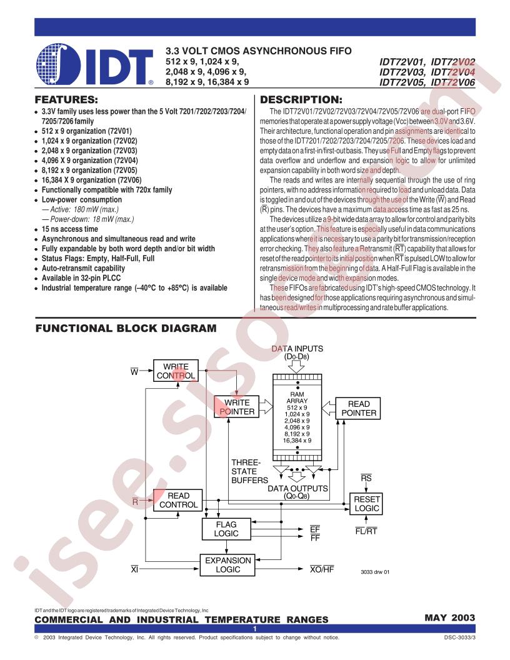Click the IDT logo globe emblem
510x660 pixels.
tap(58, 64)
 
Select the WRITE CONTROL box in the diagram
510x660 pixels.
tap(176, 371)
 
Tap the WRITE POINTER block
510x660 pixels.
tap(237, 407)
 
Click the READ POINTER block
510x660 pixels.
tap(359, 408)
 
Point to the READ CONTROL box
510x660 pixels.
tap(178, 500)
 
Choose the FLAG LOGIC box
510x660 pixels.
tap(226, 529)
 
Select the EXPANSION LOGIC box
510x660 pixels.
tap(227, 565)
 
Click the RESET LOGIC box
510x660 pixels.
tap(366, 503)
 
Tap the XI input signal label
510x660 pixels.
tap(134, 569)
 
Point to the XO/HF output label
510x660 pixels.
tap(322, 569)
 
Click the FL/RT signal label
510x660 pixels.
tap(366, 531)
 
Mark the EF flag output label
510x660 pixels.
tap(315, 529)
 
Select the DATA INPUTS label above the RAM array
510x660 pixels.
tap(297, 349)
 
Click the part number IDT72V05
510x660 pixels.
tap(402, 82)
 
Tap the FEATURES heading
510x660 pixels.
tap(66, 100)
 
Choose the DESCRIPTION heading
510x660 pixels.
tap(301, 100)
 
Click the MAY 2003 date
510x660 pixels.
tap(450, 617)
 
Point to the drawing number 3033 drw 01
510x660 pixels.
tap(375, 572)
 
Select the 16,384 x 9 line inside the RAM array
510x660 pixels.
tap(297, 440)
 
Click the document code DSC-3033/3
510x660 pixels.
tap(459, 637)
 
